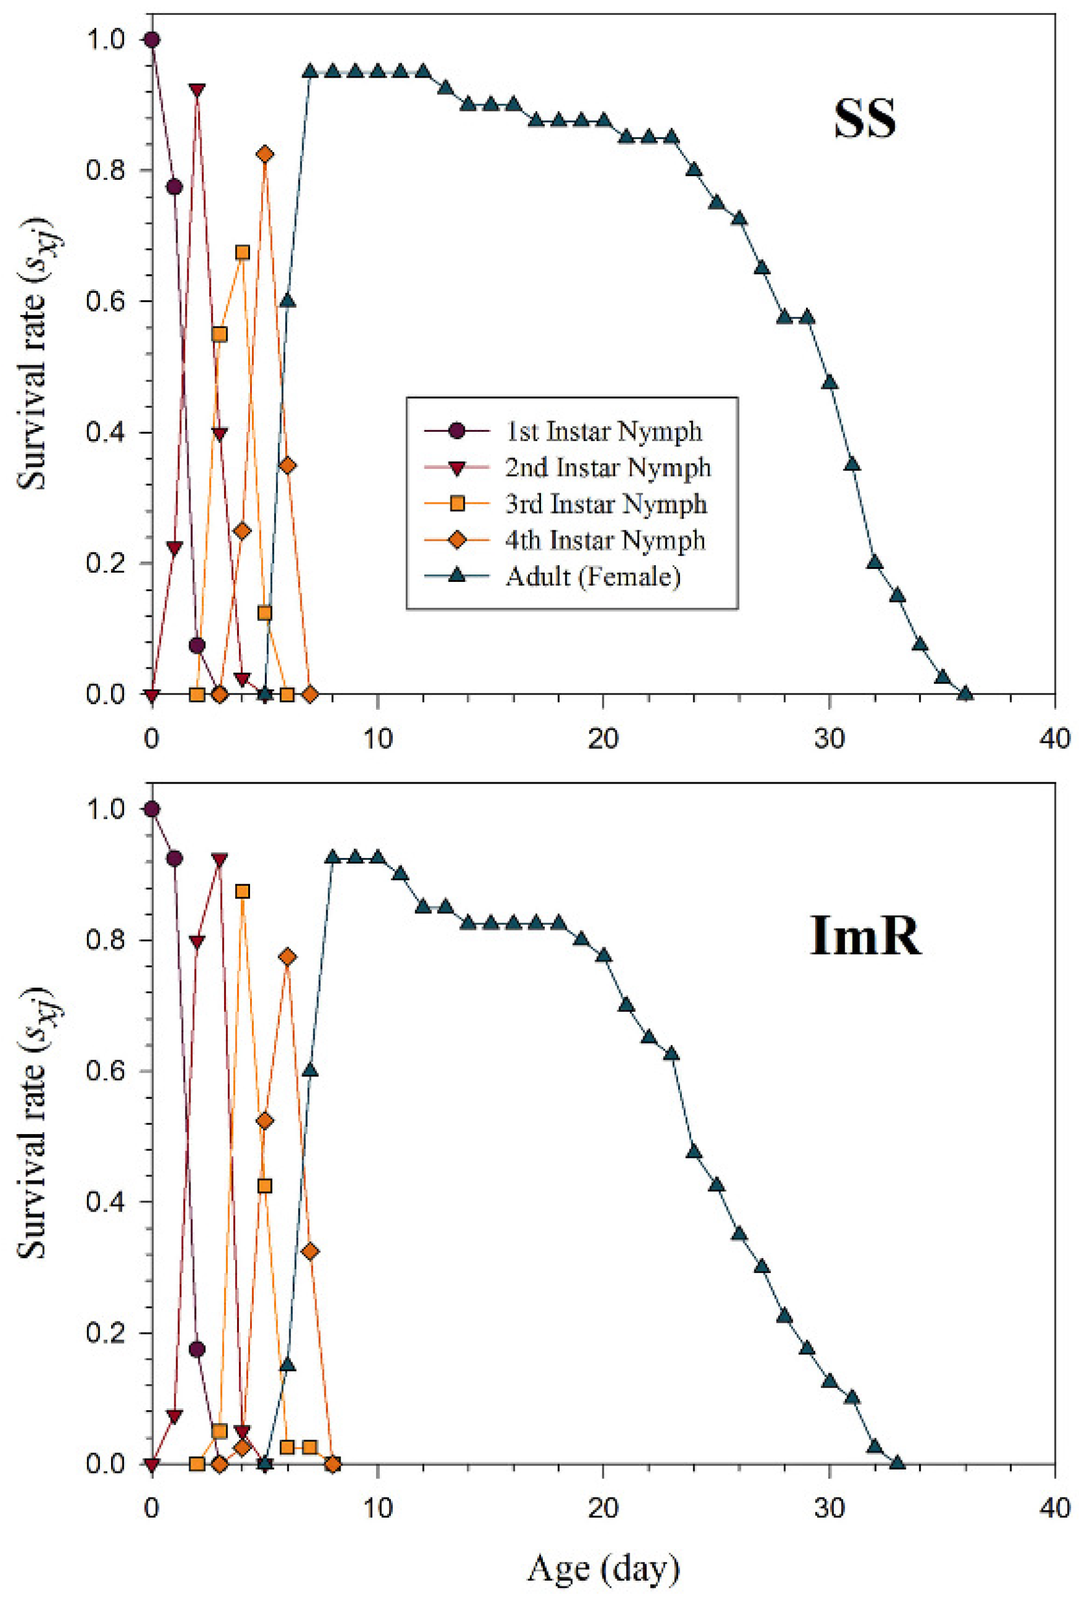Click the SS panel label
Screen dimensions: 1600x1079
pos(865,119)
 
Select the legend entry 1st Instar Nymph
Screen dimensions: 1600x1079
pos(604,431)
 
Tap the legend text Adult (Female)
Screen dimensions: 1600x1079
pos(593,576)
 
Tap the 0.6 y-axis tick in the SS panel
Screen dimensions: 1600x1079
pos(105,302)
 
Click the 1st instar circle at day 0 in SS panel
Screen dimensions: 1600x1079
pos(152,40)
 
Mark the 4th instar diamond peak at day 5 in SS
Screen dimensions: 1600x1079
pos(265,154)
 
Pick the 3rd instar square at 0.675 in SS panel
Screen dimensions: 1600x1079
pos(242,253)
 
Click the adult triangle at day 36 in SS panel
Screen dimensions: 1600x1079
pos(965,694)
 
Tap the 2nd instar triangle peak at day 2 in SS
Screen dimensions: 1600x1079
pos(197,91)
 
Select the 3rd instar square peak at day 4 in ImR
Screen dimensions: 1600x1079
pos(242,892)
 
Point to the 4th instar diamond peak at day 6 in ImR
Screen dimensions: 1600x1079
pos(288,957)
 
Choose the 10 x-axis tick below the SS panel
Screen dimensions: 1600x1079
pos(378,739)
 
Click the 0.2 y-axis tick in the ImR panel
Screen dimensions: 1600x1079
pos(105,1333)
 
